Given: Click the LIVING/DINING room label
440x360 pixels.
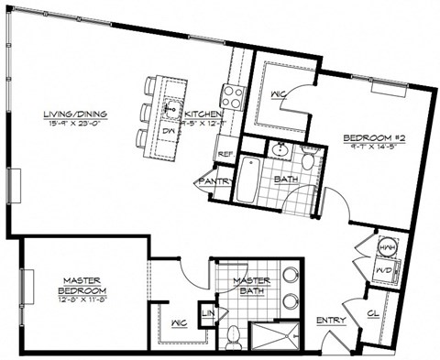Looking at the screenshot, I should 78,115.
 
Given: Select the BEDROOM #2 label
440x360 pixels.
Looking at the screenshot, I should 369,138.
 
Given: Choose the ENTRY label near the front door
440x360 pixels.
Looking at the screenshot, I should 330,321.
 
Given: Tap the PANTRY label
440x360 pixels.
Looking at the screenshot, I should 211,181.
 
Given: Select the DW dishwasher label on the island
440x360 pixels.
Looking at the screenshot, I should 168,129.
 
